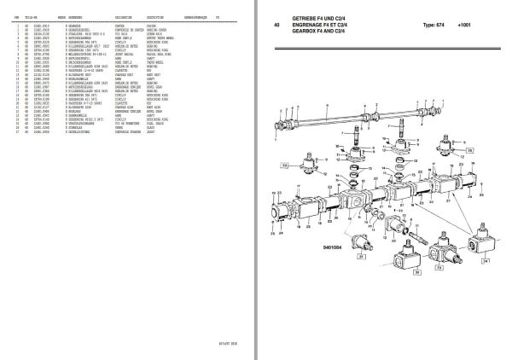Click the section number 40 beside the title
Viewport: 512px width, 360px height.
[277, 25]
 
